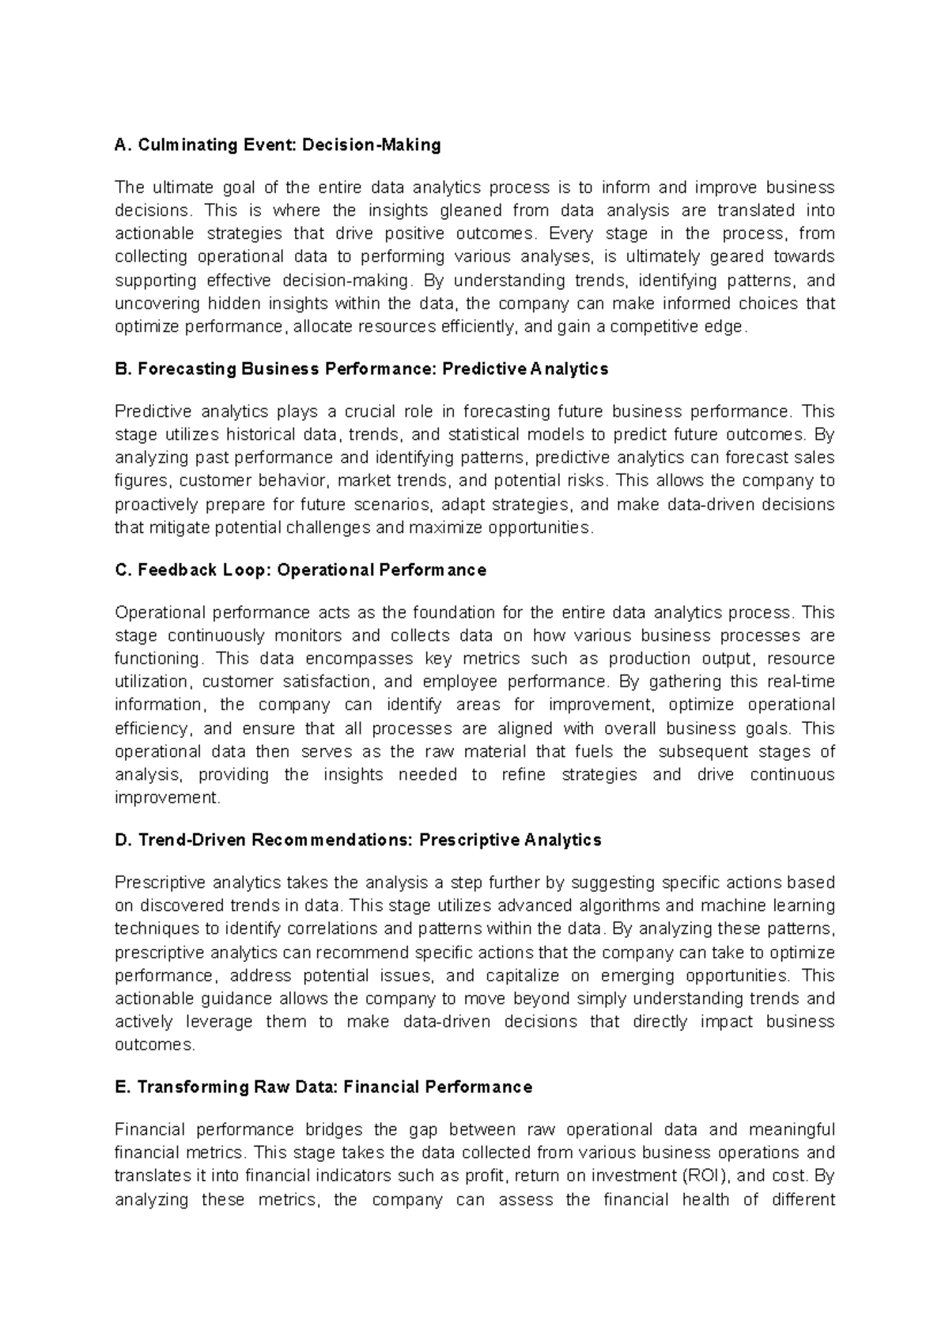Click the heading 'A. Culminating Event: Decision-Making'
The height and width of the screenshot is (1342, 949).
point(278,146)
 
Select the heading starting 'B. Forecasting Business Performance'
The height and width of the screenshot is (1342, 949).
point(361,369)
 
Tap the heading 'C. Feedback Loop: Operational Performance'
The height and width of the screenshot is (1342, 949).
point(301,570)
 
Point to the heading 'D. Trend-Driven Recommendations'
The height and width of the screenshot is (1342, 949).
point(357,840)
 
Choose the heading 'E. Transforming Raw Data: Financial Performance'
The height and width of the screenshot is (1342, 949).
point(323,1087)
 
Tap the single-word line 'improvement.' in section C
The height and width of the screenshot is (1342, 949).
point(168,798)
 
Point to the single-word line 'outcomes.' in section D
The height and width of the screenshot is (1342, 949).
point(155,1045)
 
